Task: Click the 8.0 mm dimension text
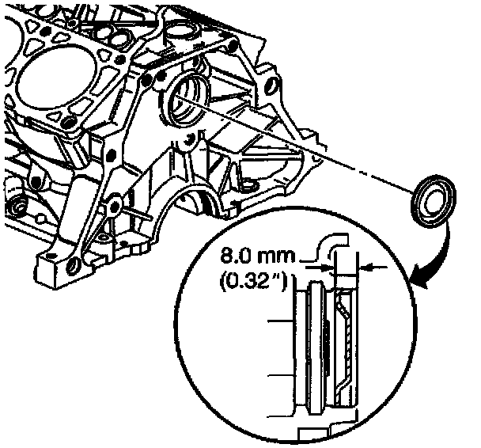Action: pyautogui.click(x=255, y=257)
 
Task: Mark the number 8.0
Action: pyautogui.click(x=235, y=257)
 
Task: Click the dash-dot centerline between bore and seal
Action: pyautogui.click(x=316, y=150)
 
